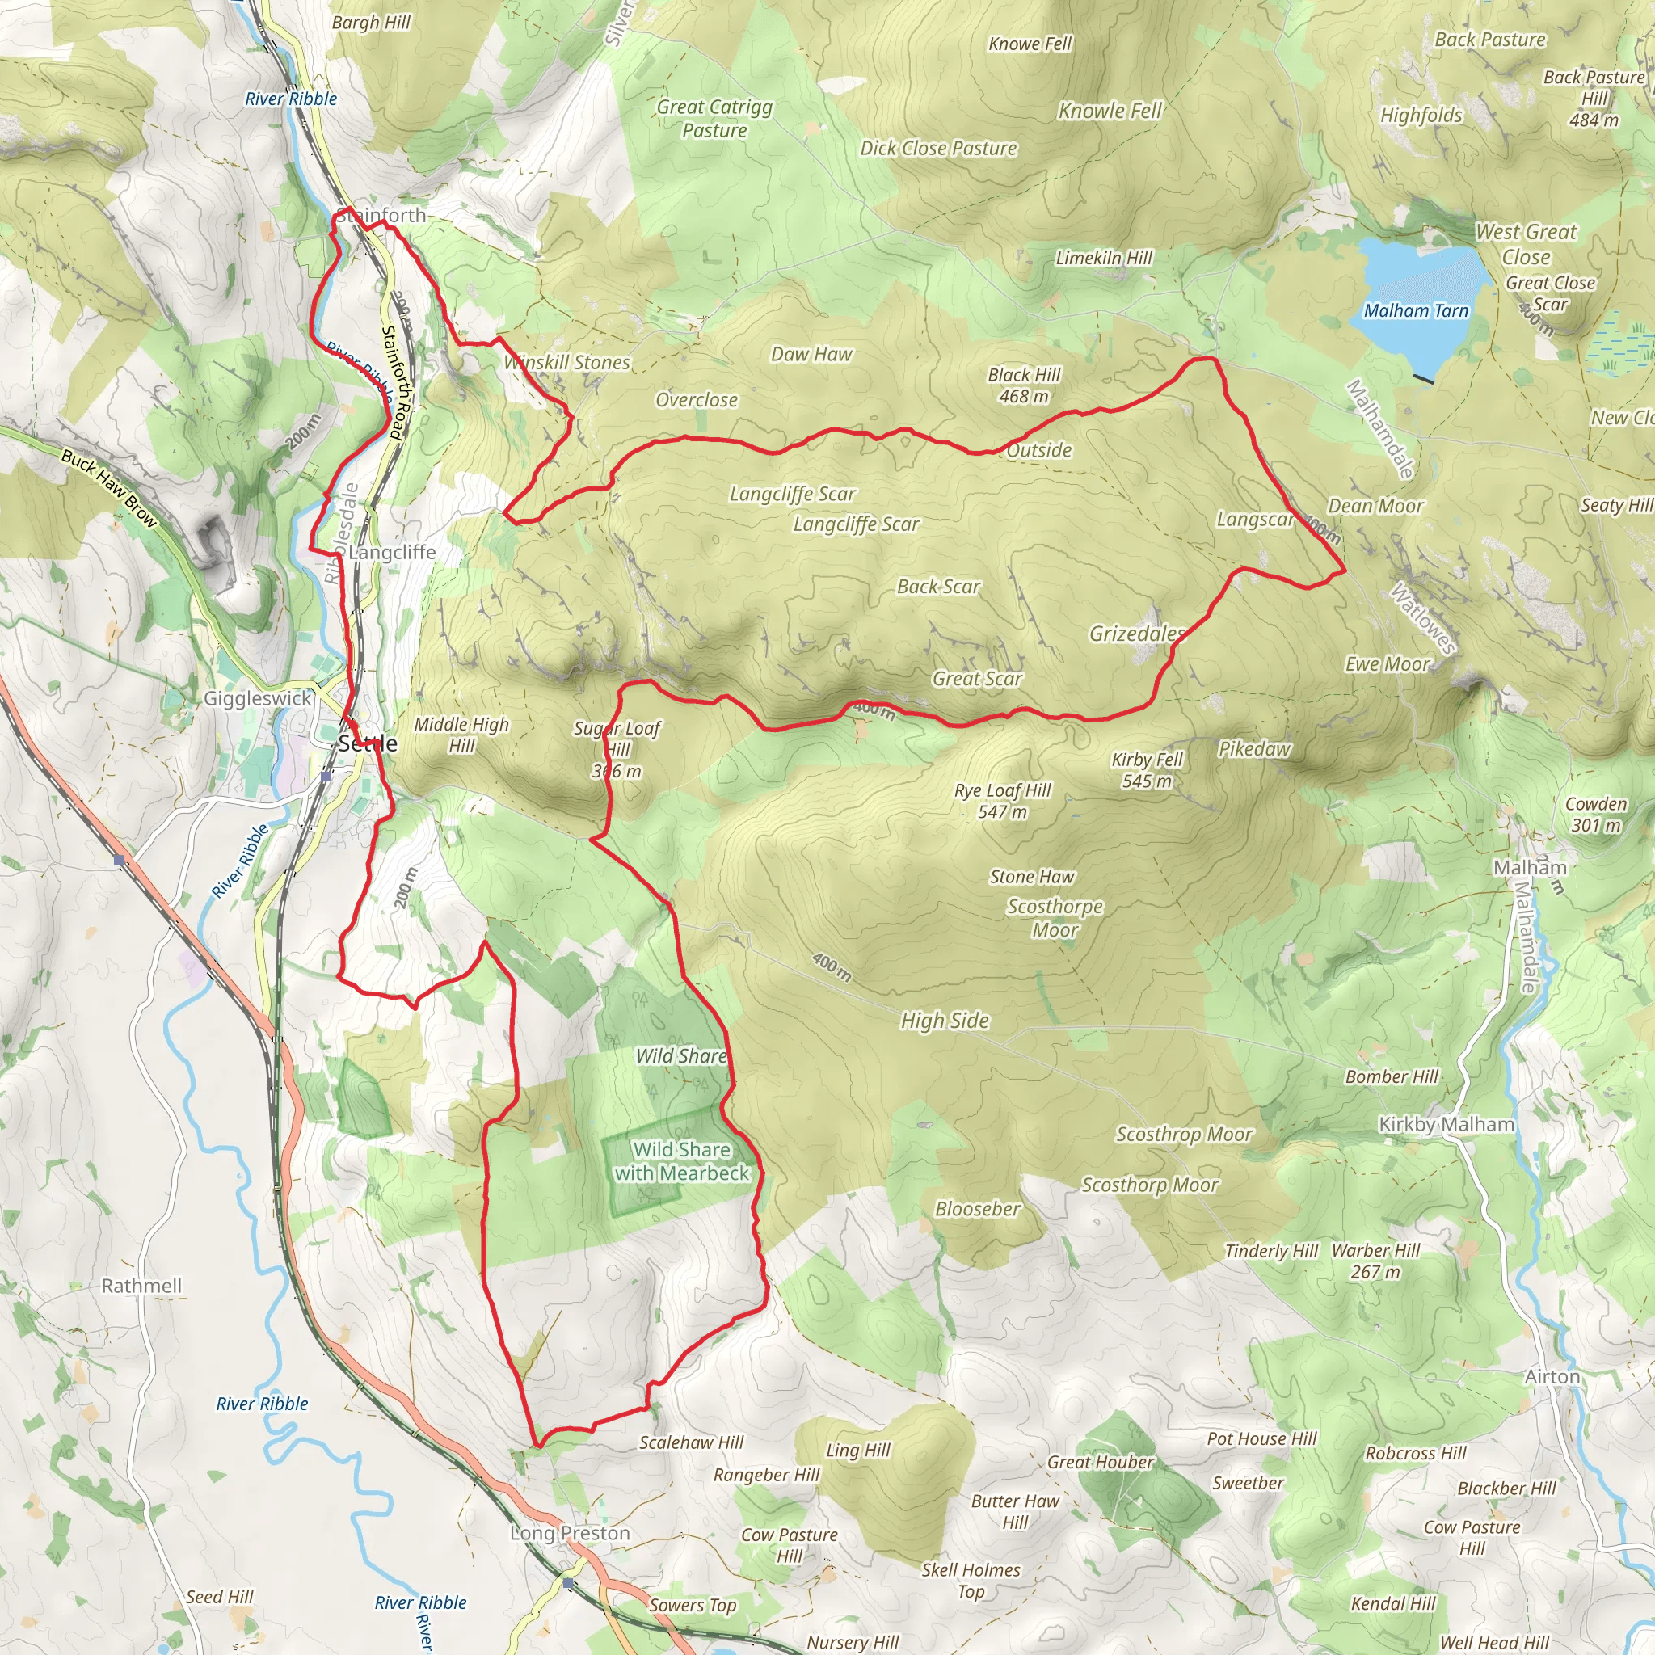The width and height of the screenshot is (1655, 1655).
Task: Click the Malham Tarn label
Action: coord(1416,311)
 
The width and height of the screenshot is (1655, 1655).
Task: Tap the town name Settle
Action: coord(368,743)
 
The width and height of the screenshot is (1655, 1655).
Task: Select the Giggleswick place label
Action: coord(257,698)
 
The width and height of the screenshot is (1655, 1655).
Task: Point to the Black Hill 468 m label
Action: coord(1024,385)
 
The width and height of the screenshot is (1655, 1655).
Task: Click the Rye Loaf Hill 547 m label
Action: coord(1002,801)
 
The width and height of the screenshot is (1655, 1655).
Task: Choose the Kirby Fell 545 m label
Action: coord(1147,770)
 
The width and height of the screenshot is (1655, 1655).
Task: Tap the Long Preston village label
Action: coord(570,1533)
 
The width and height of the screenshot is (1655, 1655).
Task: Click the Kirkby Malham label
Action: coord(1446,1124)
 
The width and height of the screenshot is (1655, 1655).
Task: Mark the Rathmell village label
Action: coord(141,1286)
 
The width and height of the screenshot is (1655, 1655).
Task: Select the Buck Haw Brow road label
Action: coord(109,488)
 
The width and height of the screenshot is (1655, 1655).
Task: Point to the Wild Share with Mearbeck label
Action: coord(682,1161)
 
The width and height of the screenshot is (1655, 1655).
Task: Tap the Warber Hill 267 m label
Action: coord(1375,1261)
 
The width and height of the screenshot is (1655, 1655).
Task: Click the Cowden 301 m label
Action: coord(1596,815)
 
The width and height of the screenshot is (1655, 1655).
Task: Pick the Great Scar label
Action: coord(978,680)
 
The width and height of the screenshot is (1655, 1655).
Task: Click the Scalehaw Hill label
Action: coord(691,1442)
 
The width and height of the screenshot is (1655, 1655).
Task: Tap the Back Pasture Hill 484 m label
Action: coord(1594,98)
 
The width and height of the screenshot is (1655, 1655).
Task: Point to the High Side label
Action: coord(944,1021)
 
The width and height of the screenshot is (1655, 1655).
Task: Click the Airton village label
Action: coord(1552,1376)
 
